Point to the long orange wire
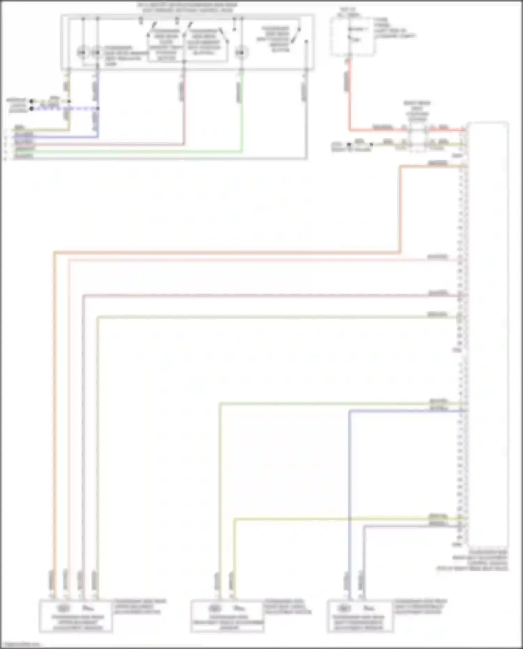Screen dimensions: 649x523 (x=227, y=252)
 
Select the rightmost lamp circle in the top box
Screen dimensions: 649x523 (x=240, y=53)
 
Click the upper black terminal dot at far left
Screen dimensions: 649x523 (x=31, y=101)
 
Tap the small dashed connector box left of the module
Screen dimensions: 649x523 (x=417, y=139)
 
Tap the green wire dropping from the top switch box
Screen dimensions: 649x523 (x=242, y=112)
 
